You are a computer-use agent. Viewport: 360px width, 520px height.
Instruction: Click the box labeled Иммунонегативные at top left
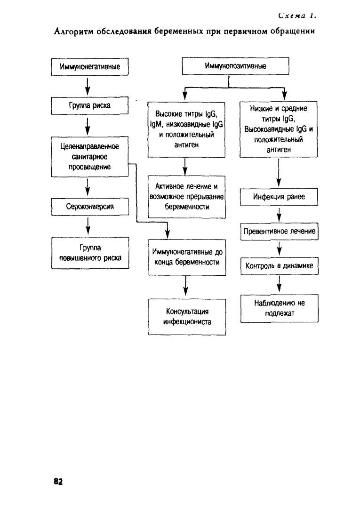click(x=90, y=67)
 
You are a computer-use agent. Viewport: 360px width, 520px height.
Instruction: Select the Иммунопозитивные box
click(x=235, y=66)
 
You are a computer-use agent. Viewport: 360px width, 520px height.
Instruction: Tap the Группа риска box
click(x=89, y=106)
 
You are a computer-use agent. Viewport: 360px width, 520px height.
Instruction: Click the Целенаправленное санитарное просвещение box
click(x=89, y=157)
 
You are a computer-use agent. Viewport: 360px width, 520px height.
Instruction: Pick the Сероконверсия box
click(x=90, y=207)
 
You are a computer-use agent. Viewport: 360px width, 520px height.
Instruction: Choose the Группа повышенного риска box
click(x=90, y=253)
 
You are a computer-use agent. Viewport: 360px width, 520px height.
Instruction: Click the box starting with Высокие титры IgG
click(x=186, y=129)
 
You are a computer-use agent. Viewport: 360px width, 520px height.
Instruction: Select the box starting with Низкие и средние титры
click(x=279, y=129)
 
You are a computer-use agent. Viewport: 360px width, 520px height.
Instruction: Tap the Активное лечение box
click(x=187, y=197)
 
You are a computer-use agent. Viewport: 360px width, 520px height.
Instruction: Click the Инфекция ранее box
click(x=279, y=197)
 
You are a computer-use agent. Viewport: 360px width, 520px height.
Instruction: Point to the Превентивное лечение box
click(x=279, y=231)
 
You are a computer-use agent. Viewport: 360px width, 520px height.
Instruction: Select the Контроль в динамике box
click(x=280, y=265)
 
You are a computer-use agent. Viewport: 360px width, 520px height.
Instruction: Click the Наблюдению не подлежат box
click(x=280, y=308)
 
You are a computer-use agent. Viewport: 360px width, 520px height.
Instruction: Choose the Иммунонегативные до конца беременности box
click(x=187, y=257)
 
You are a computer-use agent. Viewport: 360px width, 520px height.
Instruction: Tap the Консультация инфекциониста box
click(x=187, y=317)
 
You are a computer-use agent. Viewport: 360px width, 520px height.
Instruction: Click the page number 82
click(x=58, y=481)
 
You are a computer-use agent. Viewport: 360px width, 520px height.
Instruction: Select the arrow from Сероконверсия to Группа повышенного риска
click(x=88, y=226)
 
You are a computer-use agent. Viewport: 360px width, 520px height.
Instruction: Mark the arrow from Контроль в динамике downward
click(x=279, y=284)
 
